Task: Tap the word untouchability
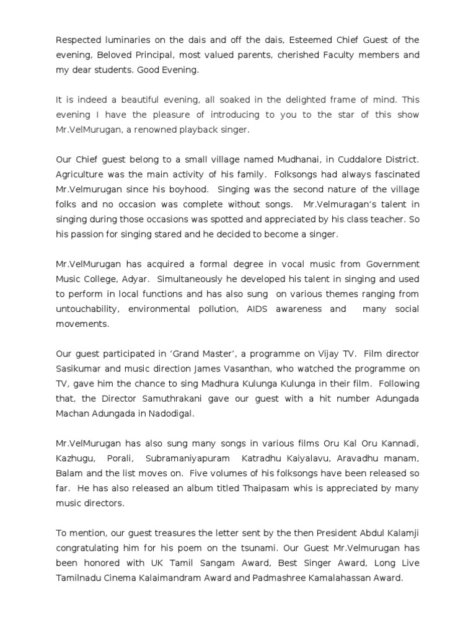87,309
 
